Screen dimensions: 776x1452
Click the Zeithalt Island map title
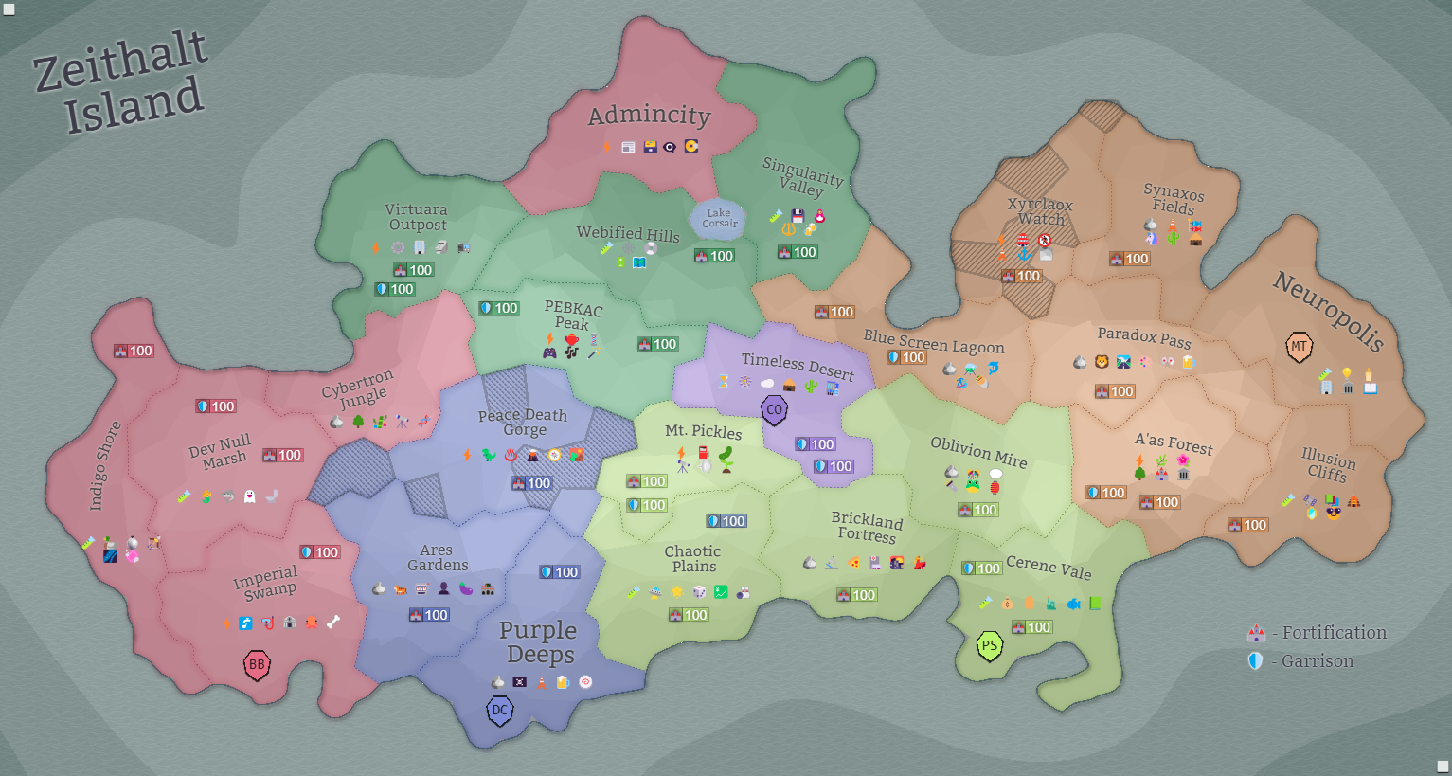(121, 81)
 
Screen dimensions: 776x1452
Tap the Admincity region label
(649, 116)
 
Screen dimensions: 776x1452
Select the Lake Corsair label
(719, 219)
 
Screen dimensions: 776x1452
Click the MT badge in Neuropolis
(1299, 347)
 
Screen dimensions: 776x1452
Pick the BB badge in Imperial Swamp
(257, 664)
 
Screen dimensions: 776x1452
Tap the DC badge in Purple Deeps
(500, 710)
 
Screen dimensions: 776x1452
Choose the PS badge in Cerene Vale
(990, 646)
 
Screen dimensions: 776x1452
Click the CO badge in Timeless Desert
(775, 410)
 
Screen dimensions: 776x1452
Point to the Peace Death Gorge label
(523, 422)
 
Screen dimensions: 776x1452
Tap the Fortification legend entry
(1318, 633)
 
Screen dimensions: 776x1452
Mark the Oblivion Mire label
(978, 451)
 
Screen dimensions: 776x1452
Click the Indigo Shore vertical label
(104, 465)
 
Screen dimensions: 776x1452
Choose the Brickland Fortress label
(867, 527)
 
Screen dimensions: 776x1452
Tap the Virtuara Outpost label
(417, 217)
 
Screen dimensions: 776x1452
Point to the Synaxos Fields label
(1174, 200)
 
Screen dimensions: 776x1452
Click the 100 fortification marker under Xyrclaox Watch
(1021, 276)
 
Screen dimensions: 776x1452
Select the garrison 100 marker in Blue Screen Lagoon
(906, 357)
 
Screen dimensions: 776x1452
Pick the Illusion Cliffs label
(1328, 465)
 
